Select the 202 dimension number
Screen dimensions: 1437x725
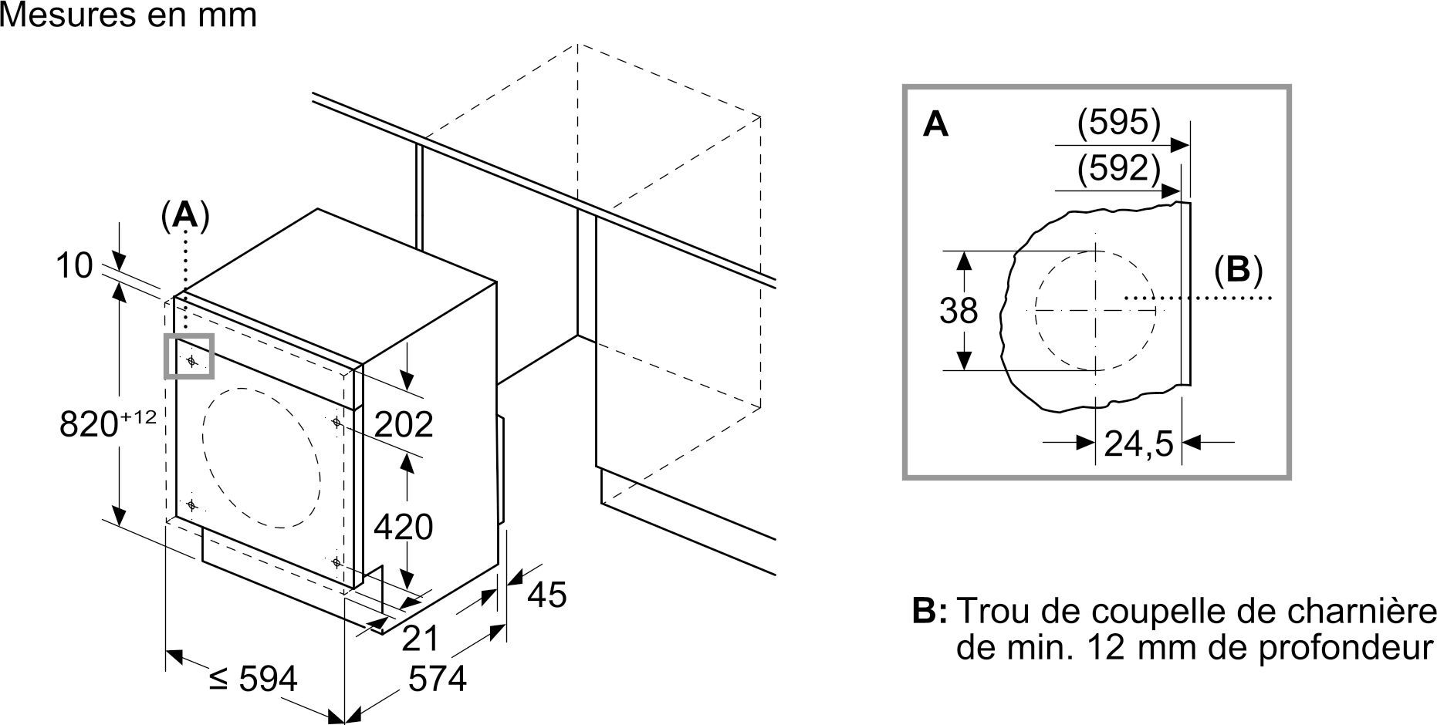(404, 423)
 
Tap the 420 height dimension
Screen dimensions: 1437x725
(404, 527)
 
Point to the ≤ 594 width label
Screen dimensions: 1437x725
(253, 679)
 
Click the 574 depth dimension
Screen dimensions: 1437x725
(438, 679)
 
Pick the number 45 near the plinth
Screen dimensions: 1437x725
(547, 594)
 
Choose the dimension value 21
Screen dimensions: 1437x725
(421, 638)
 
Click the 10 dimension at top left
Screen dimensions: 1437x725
(74, 266)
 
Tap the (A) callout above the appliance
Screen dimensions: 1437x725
(184, 216)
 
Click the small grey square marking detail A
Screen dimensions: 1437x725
(188, 356)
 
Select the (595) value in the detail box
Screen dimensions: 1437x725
(1119, 123)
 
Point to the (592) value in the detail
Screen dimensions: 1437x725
(1119, 169)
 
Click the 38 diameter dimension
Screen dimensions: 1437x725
(959, 311)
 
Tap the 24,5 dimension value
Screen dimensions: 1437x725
(1138, 443)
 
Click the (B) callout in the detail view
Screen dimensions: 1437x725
(1238, 270)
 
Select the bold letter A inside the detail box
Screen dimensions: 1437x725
(935, 124)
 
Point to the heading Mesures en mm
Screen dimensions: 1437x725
(128, 15)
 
